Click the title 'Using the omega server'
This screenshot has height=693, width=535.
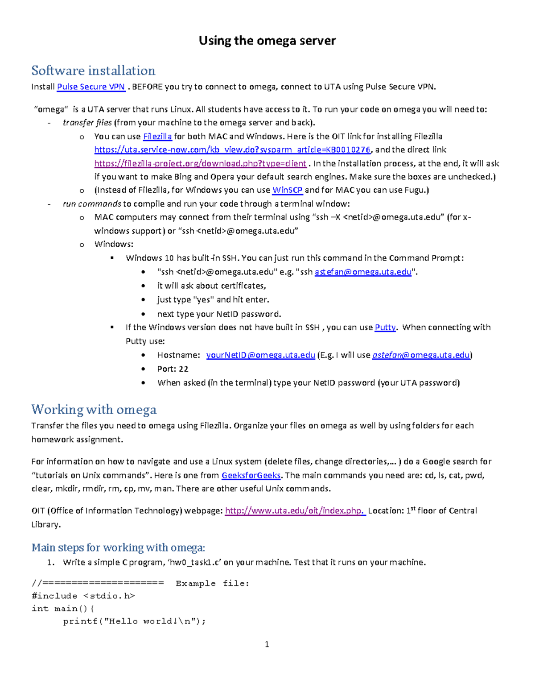[267, 41]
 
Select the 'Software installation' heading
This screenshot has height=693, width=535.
[93, 71]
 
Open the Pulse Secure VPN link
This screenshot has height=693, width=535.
[91, 87]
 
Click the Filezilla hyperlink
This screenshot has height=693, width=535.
[157, 137]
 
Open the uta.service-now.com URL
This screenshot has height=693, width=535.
[232, 150]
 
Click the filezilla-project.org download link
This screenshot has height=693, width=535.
[200, 163]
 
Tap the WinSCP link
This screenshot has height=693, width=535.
[287, 190]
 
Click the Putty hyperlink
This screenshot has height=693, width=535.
[385, 328]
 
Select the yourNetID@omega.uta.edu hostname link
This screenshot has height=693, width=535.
[260, 355]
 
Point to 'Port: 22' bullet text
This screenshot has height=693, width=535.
[173, 369]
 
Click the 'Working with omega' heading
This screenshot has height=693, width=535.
[94, 410]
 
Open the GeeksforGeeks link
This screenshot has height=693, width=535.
[251, 475]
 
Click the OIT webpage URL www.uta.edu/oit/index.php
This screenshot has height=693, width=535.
[295, 511]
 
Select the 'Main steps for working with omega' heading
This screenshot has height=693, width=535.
[118, 548]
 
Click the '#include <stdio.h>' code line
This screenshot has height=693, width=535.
[83, 596]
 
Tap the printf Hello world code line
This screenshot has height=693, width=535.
[134, 621]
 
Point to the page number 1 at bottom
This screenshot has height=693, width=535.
[267, 644]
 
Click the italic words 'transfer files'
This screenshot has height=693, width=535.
[87, 123]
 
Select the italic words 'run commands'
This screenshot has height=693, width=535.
[92, 204]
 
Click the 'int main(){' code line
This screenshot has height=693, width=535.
[63, 609]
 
